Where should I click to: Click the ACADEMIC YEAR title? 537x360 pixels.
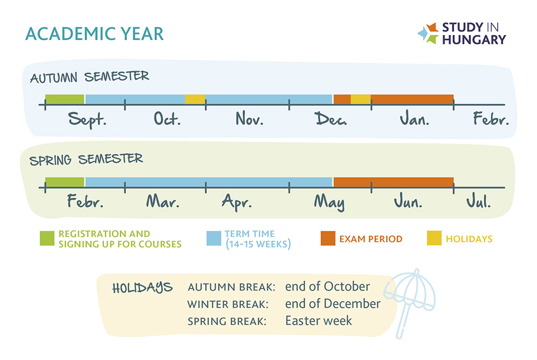(x=94, y=34)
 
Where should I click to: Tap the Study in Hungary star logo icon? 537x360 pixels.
(x=428, y=33)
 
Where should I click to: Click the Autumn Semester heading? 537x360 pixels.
(x=89, y=77)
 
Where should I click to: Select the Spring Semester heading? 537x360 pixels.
(x=86, y=159)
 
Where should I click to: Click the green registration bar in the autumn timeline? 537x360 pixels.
(x=65, y=99)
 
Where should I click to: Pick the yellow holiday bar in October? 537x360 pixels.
(x=195, y=99)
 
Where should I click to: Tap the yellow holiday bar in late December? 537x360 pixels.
(x=361, y=99)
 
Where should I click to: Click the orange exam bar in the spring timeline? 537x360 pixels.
(x=394, y=182)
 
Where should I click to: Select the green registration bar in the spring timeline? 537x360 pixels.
(x=65, y=182)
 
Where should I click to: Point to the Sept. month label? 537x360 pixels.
(x=88, y=119)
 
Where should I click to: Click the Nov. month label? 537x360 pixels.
(x=249, y=119)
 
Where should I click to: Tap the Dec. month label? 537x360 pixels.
(x=330, y=119)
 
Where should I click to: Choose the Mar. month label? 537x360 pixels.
(x=163, y=201)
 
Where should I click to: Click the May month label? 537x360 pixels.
(x=330, y=202)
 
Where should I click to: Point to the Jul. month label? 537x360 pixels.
(x=478, y=201)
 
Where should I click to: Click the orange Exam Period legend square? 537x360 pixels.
(x=328, y=239)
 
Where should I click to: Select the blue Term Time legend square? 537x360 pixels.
(x=214, y=239)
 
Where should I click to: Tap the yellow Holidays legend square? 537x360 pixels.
(x=434, y=239)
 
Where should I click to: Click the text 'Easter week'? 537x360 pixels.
(x=318, y=321)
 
